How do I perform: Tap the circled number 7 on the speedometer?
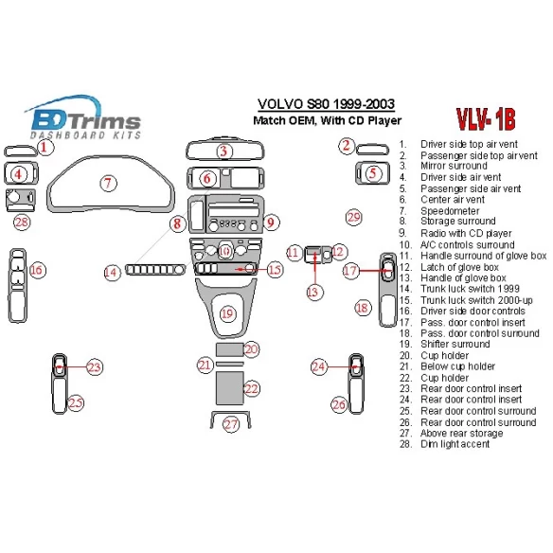(109, 183)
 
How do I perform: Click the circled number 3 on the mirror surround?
(223, 152)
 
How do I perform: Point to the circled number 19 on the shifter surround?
(226, 313)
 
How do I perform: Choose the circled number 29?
(353, 218)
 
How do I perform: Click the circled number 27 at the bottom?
(231, 424)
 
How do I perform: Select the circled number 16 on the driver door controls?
(37, 271)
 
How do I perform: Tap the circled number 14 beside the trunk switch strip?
(112, 272)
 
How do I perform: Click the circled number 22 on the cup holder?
(251, 388)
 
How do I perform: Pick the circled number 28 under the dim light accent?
(22, 223)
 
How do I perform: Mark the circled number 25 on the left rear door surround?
(75, 403)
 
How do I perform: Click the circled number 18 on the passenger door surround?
(363, 308)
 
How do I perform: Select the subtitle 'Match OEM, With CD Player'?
(327, 120)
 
